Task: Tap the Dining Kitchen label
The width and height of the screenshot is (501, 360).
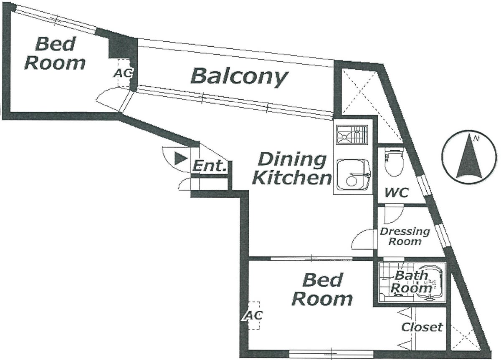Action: pyautogui.click(x=292, y=169)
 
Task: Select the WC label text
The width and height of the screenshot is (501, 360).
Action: pyautogui.click(x=397, y=192)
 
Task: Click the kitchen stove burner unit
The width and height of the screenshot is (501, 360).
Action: pyautogui.click(x=352, y=135)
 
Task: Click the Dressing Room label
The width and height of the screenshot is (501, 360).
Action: pyautogui.click(x=405, y=237)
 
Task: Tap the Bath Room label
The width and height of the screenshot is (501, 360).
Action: pyautogui.click(x=411, y=282)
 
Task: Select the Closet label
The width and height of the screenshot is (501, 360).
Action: pyautogui.click(x=422, y=327)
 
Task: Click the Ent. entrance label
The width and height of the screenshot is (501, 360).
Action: pyautogui.click(x=210, y=166)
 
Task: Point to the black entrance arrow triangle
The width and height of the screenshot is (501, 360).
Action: pyautogui.click(x=181, y=159)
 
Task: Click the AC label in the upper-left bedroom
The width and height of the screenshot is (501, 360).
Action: pyautogui.click(x=123, y=73)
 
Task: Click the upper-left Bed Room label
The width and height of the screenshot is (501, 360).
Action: pyautogui.click(x=55, y=54)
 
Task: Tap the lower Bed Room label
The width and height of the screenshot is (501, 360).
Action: pyautogui.click(x=322, y=290)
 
